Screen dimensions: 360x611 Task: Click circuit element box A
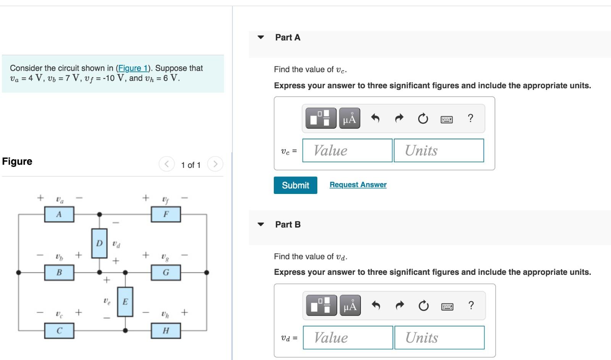pos(59,214)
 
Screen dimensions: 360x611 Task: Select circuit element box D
pos(99,243)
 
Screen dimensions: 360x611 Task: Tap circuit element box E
pos(125,302)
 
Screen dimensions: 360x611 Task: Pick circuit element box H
pos(166,331)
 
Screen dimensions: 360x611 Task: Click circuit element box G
pos(166,273)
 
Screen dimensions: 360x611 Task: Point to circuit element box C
pos(59,331)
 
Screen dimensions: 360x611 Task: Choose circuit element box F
pos(166,214)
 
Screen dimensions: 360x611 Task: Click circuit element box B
pos(59,273)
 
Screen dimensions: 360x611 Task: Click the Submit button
pos(295,185)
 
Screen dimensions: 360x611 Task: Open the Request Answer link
pos(358,185)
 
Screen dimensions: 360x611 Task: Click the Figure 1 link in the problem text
pos(133,68)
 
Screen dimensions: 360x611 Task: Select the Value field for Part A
pos(347,150)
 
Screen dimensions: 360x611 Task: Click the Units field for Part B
pos(439,337)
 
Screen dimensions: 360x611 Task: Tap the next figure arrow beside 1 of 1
pos(215,164)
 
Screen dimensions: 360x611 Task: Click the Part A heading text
pos(288,37)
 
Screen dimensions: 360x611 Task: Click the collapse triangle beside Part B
pos(261,224)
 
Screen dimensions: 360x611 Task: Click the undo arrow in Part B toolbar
pos(376,305)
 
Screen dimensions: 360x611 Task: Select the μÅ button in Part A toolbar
pos(349,119)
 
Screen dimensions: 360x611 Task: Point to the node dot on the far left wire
pos(18,273)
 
